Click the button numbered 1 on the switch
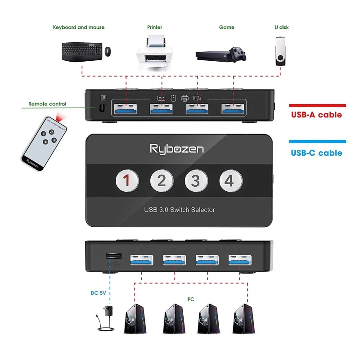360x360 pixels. point(127,181)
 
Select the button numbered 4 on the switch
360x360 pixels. point(230,181)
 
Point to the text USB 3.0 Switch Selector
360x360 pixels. point(179,210)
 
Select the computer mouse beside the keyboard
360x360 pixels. point(108,52)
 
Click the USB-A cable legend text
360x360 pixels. point(316,115)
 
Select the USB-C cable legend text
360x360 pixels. point(316,153)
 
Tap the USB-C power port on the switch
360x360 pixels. point(113,256)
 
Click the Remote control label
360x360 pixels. point(47,104)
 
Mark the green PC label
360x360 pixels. point(191,298)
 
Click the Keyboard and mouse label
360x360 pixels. point(79,27)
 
